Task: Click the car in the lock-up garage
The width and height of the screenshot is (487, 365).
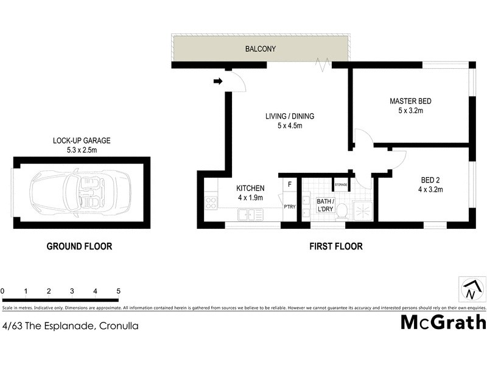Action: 79,192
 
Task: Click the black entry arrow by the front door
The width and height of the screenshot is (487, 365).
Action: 218,81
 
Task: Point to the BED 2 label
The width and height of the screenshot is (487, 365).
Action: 431,180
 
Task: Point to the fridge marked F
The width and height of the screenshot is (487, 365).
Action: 290,184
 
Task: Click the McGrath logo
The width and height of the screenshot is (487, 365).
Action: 443,322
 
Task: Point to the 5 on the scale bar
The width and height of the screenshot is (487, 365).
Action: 118,291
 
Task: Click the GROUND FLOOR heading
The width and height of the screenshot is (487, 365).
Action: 80,246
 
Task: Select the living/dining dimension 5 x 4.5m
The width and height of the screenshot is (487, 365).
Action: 289,126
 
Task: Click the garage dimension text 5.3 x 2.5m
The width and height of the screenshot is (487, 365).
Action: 81,149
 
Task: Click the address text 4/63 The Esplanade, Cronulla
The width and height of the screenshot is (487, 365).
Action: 70,326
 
